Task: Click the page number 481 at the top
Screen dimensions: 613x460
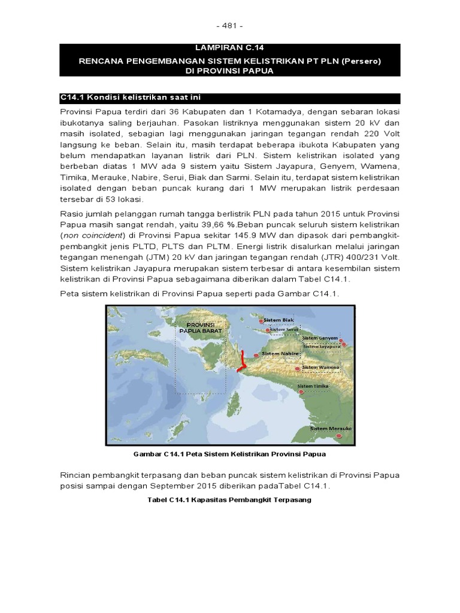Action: coord(230,26)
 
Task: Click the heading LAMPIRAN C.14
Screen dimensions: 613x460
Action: coord(230,47)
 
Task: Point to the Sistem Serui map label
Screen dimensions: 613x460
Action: coord(284,329)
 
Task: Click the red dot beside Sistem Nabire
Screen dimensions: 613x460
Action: coord(259,354)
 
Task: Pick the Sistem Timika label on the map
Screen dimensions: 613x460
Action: coord(314,387)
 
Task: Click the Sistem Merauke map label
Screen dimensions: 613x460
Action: coord(330,429)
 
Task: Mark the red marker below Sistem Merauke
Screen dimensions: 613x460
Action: coord(340,438)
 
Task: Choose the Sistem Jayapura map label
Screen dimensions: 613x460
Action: coord(321,346)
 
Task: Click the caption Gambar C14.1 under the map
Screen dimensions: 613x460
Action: coord(230,454)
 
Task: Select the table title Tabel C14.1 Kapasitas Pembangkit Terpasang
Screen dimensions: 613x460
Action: coord(229,499)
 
